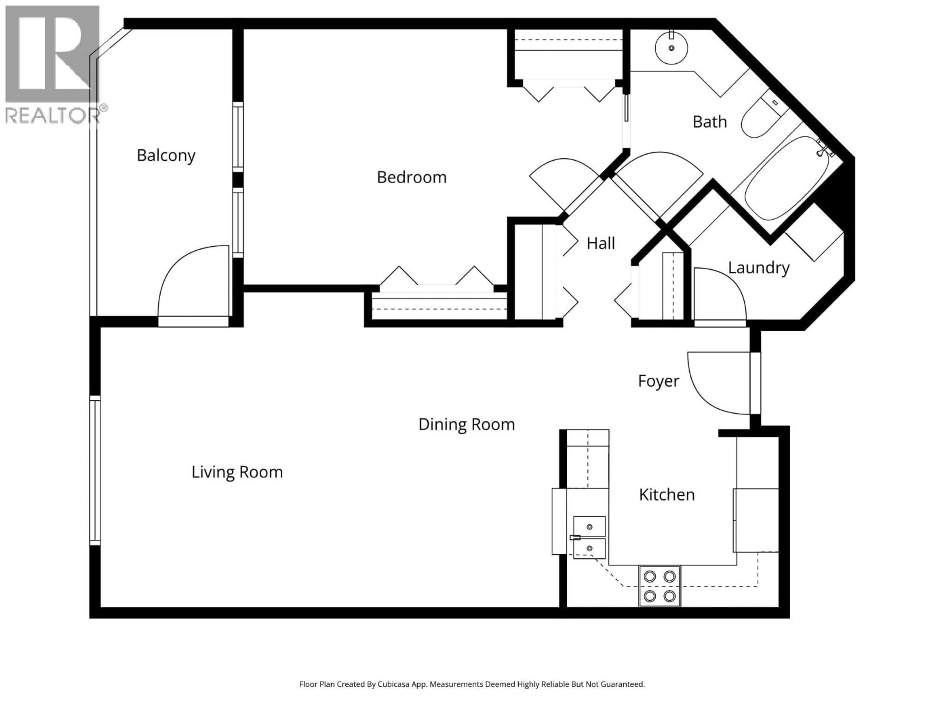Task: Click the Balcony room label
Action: [x=166, y=155]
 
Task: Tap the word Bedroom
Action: [x=411, y=177]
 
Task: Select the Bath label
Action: [x=709, y=122]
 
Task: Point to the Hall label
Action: [x=601, y=244]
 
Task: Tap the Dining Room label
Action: [x=466, y=425]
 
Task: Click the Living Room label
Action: [x=237, y=472]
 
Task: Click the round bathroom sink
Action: [x=671, y=48]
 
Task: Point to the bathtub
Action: [x=786, y=178]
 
